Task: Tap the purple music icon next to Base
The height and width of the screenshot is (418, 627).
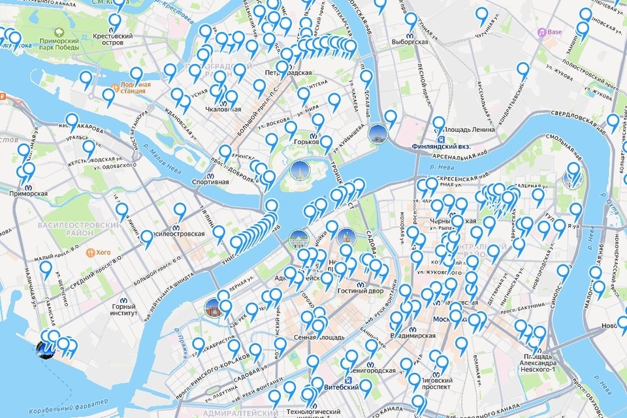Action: tap(541, 32)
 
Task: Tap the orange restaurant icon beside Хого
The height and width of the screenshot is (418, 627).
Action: tap(89, 251)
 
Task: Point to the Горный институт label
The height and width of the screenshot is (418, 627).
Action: tap(123, 310)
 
